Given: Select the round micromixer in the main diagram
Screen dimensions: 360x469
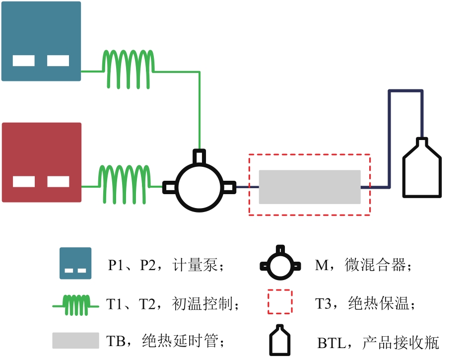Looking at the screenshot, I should pyautogui.click(x=199, y=187).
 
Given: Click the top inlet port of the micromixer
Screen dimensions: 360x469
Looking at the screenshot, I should pyautogui.click(x=199, y=156).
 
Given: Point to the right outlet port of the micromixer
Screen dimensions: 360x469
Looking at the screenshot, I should pyautogui.click(x=229, y=187).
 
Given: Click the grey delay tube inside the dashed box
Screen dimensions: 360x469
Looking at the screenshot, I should pyautogui.click(x=310, y=187).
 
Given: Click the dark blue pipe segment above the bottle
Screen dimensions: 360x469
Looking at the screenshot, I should pyautogui.click(x=405, y=91).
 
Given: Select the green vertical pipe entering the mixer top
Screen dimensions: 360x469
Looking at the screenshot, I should pyautogui.click(x=199, y=109).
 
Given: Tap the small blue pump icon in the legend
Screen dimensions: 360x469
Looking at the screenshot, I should pyautogui.click(x=75, y=263).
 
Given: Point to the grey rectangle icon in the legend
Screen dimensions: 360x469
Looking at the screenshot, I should pyautogui.click(x=75, y=341).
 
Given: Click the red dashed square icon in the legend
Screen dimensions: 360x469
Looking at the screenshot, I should pyautogui.click(x=280, y=302).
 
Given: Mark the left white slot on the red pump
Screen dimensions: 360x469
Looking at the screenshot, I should pyautogui.click(x=24, y=182).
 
